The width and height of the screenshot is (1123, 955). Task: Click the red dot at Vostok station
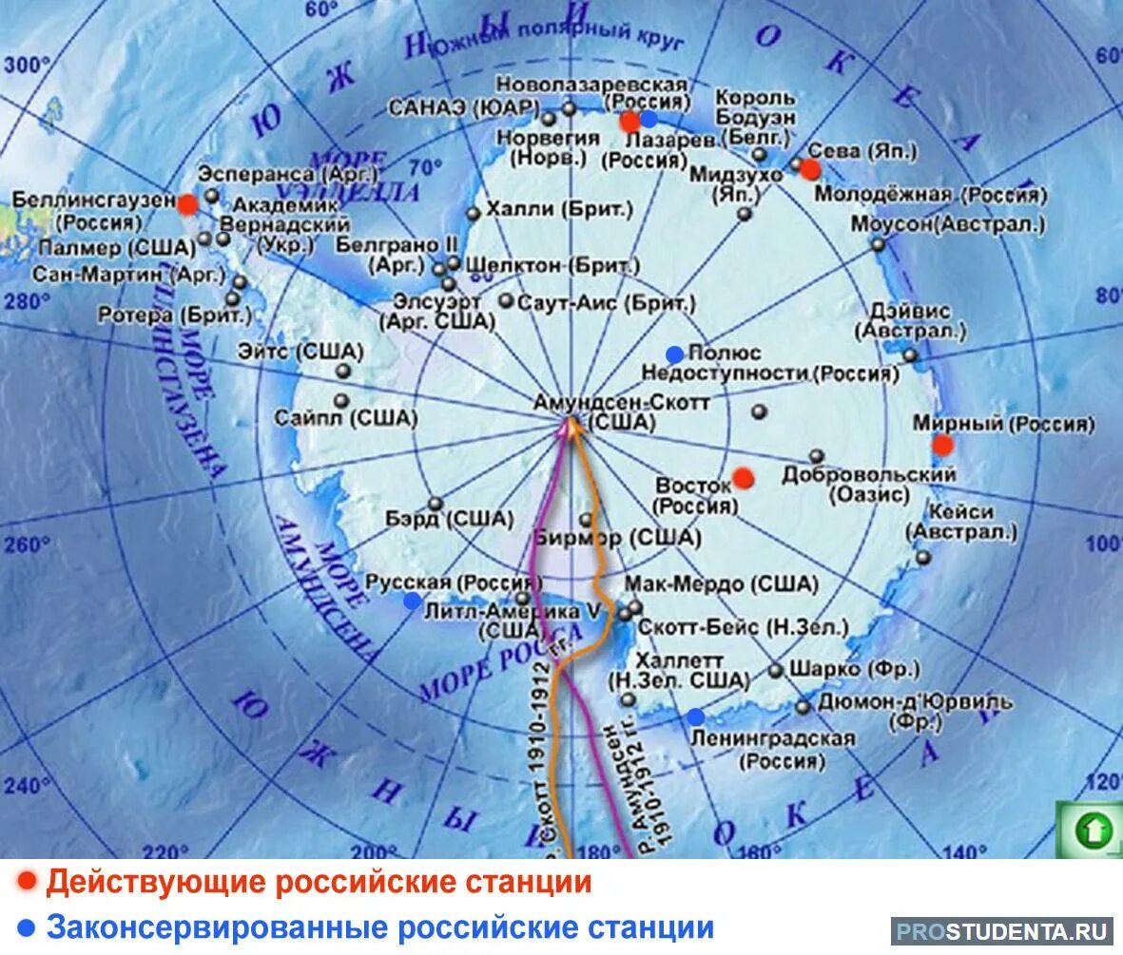click(743, 477)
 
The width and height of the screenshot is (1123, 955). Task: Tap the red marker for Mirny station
click(941, 445)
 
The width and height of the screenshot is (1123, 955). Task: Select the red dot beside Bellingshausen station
click(187, 203)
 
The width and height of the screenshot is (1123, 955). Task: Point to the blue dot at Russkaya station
click(412, 601)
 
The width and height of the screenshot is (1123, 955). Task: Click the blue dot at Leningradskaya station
click(696, 716)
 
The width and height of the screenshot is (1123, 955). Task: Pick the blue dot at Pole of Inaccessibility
click(674, 354)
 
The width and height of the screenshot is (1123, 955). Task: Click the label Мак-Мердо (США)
click(721, 583)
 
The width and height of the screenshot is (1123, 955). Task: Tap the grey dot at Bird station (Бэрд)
click(436, 504)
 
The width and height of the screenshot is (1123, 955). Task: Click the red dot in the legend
click(28, 882)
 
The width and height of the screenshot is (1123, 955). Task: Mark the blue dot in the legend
click(28, 926)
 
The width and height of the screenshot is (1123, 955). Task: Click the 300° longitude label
click(28, 65)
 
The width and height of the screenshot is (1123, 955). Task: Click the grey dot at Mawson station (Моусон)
click(878, 244)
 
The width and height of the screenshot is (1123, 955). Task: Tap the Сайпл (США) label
click(345, 417)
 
